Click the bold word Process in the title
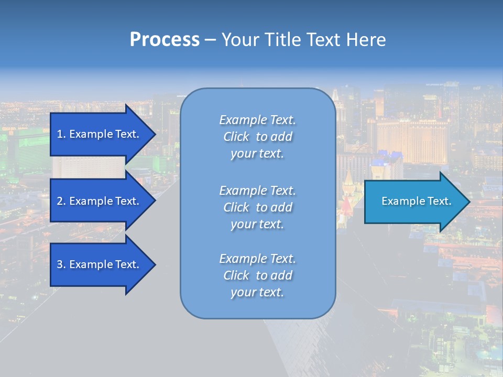[x=165, y=39]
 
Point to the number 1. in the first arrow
[x=61, y=134]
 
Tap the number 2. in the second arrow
[x=61, y=201]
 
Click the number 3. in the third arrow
[x=61, y=264]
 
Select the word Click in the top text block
[x=236, y=137]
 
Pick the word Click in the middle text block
[x=236, y=207]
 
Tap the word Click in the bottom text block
[x=236, y=275]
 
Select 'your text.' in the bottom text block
[x=257, y=292]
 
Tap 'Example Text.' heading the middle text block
[x=257, y=191]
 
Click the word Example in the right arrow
[x=401, y=201]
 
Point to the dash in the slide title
[x=211, y=40]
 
